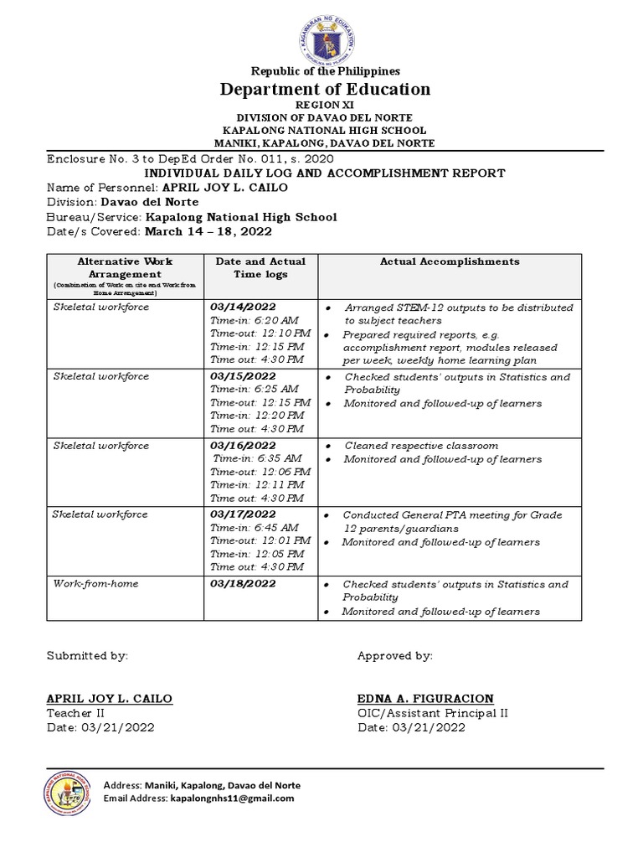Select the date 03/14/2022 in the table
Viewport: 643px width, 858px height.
[x=243, y=307]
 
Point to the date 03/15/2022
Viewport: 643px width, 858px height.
[x=243, y=376]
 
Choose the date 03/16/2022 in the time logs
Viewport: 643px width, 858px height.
[x=243, y=445]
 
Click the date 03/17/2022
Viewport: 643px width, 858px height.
[x=243, y=514]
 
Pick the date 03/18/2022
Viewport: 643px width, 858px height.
[x=243, y=583]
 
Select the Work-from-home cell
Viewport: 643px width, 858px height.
[x=96, y=583]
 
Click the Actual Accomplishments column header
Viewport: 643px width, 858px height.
[x=450, y=261]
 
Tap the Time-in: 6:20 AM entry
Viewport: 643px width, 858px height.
[x=254, y=320]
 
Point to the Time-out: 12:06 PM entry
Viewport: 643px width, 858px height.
[x=260, y=472]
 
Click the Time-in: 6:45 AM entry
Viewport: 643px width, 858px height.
[x=254, y=528]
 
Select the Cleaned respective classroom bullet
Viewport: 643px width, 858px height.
[x=421, y=446]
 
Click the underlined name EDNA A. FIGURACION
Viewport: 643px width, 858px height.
[x=425, y=699]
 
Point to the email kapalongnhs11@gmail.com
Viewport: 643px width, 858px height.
[x=232, y=799]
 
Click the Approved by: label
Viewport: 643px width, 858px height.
[x=394, y=655]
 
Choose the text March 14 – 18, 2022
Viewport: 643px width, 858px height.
[x=208, y=231]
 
